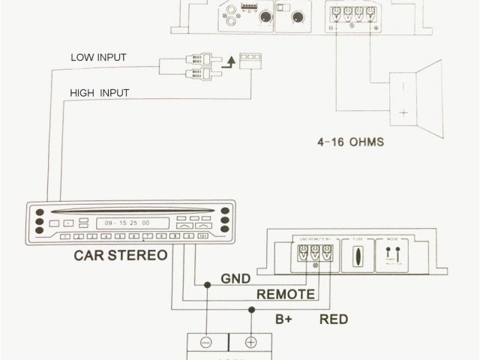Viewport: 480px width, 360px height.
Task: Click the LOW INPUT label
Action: click(x=98, y=57)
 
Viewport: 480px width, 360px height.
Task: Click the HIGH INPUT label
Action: click(x=100, y=93)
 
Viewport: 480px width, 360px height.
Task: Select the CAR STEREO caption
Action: click(x=120, y=256)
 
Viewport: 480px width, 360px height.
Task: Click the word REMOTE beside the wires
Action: click(x=286, y=295)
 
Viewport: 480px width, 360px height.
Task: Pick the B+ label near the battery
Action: click(x=283, y=319)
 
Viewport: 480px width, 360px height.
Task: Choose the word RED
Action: click(x=334, y=319)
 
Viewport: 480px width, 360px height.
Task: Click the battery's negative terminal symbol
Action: click(x=207, y=343)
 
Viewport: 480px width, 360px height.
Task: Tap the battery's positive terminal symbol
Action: click(x=250, y=343)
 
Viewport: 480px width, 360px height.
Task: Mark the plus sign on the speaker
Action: click(x=403, y=112)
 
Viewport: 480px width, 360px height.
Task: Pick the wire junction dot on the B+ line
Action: click(x=250, y=310)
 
